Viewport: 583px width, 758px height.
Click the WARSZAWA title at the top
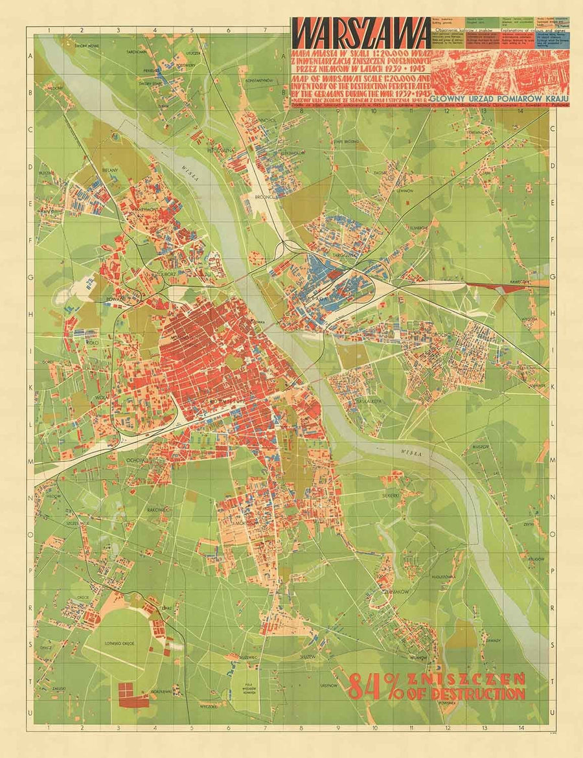pos(360,32)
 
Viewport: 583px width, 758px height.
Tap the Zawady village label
pos(494,634)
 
